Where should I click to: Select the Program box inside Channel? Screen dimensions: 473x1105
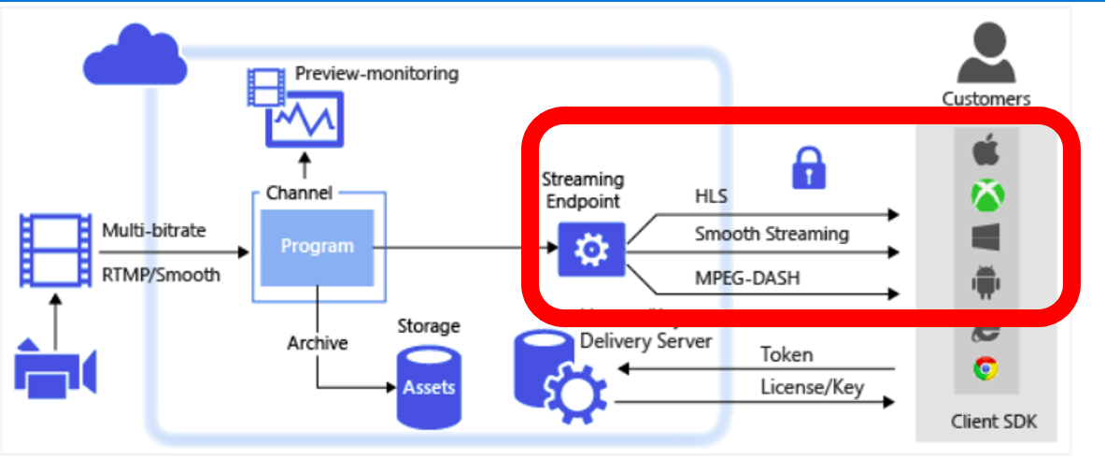(x=318, y=247)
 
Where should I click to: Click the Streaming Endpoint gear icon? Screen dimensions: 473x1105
(x=591, y=250)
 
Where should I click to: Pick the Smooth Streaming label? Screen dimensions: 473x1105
(x=772, y=234)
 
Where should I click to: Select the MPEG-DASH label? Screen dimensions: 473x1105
(x=747, y=279)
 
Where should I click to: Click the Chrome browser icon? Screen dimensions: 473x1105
(x=985, y=369)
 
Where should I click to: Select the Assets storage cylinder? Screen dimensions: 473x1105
(x=429, y=386)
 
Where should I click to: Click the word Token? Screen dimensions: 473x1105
(x=786, y=354)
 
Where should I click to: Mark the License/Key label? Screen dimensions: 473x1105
(x=812, y=386)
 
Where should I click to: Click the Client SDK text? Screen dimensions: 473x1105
(x=994, y=422)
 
